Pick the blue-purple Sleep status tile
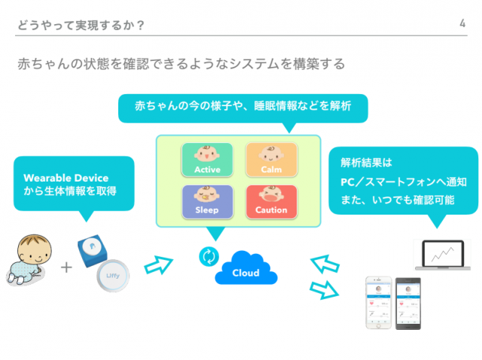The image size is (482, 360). (207, 201)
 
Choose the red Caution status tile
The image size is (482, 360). (270, 201)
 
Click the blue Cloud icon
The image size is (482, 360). (246, 271)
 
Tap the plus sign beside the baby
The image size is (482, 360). (67, 267)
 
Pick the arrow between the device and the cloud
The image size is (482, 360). (157, 264)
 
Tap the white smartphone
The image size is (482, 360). (379, 304)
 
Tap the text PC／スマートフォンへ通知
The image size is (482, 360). (403, 182)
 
